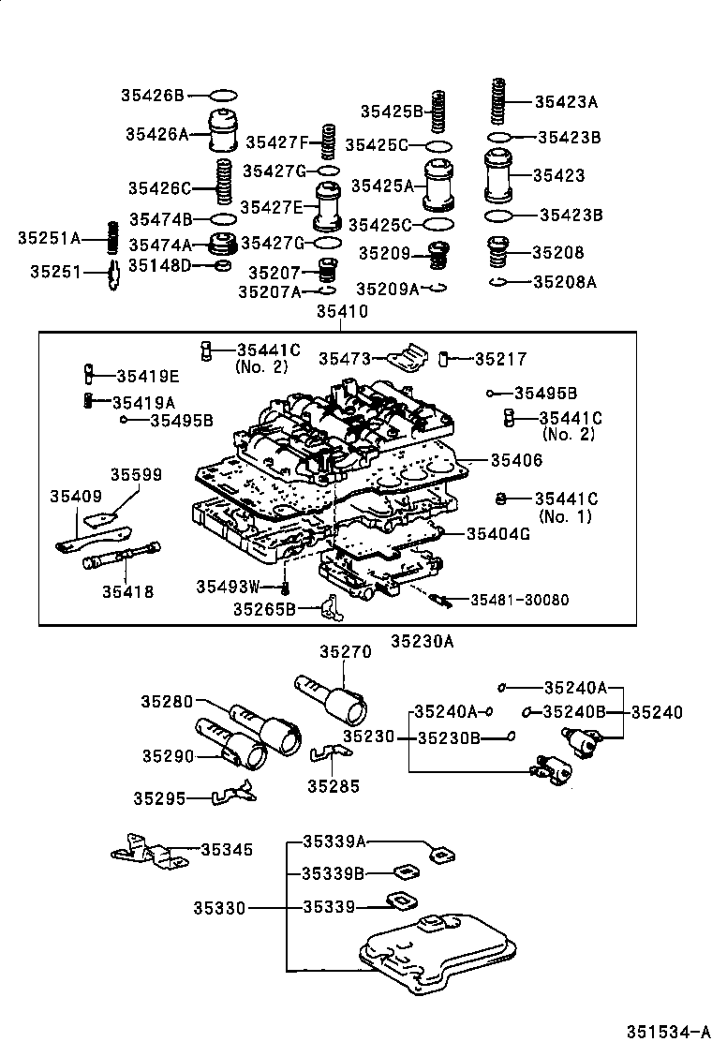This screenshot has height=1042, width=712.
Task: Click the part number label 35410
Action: pos(342,312)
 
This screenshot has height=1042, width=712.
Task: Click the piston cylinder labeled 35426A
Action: pos(224,130)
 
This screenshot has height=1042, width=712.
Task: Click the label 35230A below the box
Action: pos(422,643)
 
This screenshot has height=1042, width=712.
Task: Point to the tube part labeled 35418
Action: pos(123,559)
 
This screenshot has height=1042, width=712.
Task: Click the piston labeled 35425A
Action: pos(438,186)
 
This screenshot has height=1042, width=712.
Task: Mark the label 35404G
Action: pos(498,533)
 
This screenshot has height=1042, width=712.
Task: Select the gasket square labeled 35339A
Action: pos(439,853)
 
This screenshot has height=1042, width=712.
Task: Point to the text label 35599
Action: pos(137,475)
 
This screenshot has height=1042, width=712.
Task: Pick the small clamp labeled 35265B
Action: pos(328,609)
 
